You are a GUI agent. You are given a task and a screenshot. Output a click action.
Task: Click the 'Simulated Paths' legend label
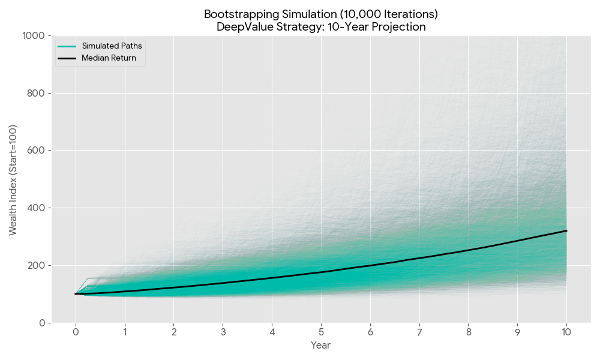(112, 46)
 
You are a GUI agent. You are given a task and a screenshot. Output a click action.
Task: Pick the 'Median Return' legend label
(109, 58)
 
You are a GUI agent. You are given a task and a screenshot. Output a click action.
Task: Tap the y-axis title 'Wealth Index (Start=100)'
(13, 179)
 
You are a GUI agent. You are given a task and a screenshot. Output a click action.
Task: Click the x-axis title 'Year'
(320, 345)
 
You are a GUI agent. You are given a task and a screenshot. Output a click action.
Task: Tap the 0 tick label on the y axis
(42, 323)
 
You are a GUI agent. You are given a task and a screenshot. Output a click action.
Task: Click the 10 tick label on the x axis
(566, 332)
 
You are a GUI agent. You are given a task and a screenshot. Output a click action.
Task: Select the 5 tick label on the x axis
(321, 332)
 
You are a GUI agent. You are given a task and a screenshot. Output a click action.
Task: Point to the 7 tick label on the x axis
(419, 332)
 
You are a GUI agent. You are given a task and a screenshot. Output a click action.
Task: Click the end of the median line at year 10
(566, 230)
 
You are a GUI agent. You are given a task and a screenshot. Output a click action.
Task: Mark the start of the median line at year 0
(76, 294)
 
